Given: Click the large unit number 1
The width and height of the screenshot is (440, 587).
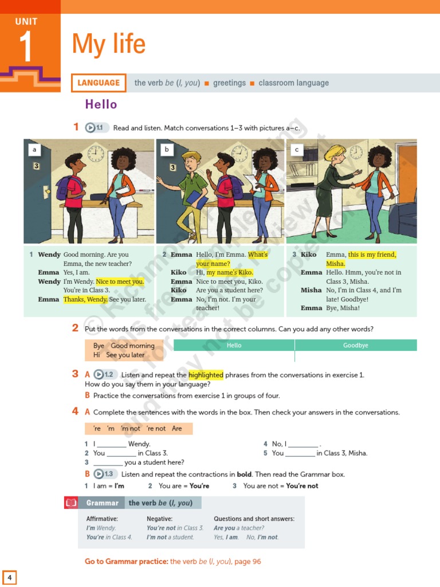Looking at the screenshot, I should point(26,48).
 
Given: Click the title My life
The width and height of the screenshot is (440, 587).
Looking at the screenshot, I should point(109,44).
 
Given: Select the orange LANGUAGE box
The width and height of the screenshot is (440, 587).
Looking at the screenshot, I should point(99,83).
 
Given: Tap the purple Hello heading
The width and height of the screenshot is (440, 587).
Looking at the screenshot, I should point(101,104).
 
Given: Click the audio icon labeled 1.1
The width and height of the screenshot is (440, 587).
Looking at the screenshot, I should point(96,128).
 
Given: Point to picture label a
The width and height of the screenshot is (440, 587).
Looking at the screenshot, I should point(35,150).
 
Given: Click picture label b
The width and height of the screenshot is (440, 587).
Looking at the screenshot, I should point(167,150).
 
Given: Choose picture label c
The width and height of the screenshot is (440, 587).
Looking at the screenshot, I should point(297,150).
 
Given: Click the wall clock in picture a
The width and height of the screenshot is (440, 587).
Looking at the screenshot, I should point(96,154).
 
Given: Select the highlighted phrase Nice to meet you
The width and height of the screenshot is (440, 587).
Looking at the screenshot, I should point(120,281).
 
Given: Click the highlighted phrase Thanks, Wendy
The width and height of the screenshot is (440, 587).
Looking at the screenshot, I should point(85,299).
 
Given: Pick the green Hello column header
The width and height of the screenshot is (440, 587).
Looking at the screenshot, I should point(234,345).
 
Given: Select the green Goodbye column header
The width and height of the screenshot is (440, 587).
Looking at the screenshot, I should point(356,345).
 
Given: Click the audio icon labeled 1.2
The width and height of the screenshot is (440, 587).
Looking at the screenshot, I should point(105,374).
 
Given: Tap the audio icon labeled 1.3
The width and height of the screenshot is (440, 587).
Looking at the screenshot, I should point(105,474).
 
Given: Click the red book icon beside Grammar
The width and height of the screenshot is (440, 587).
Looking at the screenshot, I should point(71,503).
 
